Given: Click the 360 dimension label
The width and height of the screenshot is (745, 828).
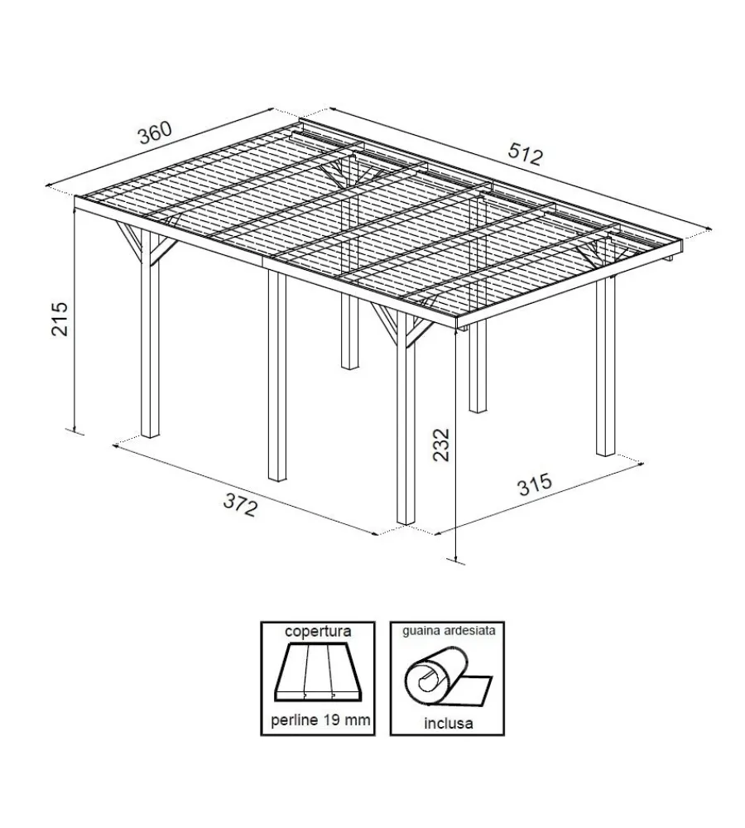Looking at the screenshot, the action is [156, 132].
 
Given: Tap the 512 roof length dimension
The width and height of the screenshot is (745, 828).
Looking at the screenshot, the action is [526, 155].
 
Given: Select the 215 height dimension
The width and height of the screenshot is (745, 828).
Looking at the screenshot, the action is [60, 319].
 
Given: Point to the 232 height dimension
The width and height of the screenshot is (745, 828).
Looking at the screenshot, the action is [441, 444].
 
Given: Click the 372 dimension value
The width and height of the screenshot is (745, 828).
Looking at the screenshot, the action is [241, 504].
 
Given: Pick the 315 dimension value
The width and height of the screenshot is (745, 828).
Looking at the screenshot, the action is [535, 484].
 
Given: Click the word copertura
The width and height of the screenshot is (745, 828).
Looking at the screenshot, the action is [318, 631].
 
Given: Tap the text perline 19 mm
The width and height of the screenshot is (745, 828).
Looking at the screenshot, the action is [320, 720].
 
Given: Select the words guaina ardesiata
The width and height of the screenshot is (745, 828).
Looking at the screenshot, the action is [449, 630].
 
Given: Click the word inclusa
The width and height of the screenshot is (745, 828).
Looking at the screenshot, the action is [449, 723].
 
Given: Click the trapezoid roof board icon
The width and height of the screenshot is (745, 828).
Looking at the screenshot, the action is [317, 673].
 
